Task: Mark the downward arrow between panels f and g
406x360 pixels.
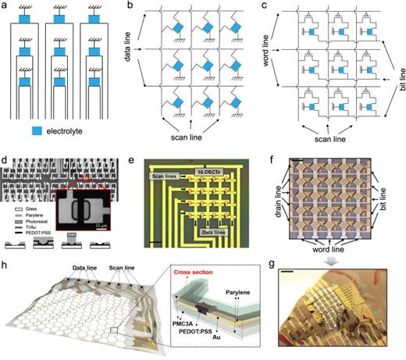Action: click(338, 263)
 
